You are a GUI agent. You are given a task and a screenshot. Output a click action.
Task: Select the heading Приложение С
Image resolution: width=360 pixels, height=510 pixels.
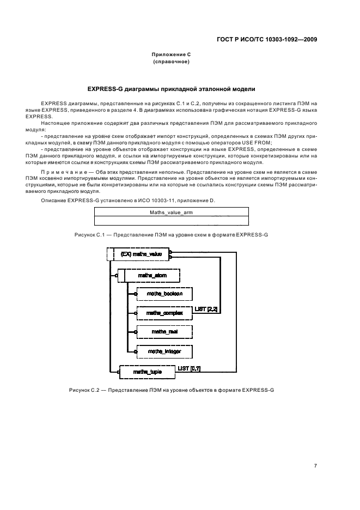coord(171,55)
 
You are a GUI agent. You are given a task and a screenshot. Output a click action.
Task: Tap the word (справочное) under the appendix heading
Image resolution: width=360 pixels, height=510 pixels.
coord(171,62)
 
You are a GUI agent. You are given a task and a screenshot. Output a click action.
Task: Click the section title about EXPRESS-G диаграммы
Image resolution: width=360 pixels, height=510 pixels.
coord(171,88)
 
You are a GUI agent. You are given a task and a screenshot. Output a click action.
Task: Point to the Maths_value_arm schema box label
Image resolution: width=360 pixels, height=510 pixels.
coord(172,212)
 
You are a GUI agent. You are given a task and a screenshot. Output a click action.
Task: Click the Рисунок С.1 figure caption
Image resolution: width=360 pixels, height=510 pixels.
coord(172,234)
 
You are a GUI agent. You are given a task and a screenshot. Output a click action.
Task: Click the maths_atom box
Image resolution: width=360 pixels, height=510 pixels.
coord(152,276)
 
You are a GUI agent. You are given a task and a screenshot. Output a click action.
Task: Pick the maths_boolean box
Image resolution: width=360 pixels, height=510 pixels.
coord(164,294)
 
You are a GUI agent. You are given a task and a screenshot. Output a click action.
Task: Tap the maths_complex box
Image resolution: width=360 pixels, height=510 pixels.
coord(164,313)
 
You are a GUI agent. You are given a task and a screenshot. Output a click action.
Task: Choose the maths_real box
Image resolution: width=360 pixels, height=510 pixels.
coord(164,331)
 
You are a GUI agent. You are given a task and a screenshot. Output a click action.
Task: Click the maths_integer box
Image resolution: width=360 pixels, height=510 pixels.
coord(164,352)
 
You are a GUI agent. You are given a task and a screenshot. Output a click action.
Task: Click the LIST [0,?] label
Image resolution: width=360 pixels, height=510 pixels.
coord(189,369)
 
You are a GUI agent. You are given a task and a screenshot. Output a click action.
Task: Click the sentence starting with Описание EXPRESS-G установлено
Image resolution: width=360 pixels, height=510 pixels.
coord(128,201)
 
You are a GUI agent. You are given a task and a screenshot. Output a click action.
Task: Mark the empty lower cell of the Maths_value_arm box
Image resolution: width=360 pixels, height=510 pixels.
coord(172,221)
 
